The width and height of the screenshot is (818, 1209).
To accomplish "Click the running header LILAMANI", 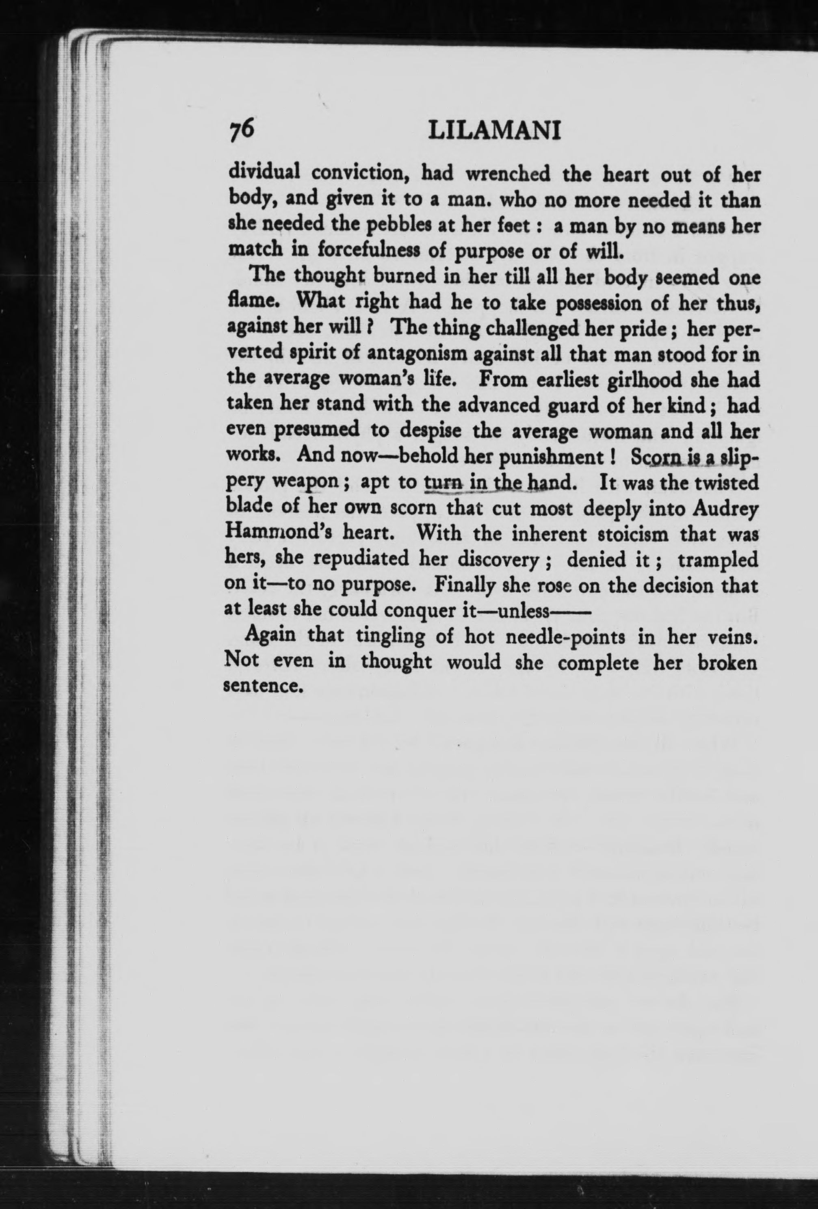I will click(494, 132).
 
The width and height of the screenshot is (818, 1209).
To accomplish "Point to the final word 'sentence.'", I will click(263, 686).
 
